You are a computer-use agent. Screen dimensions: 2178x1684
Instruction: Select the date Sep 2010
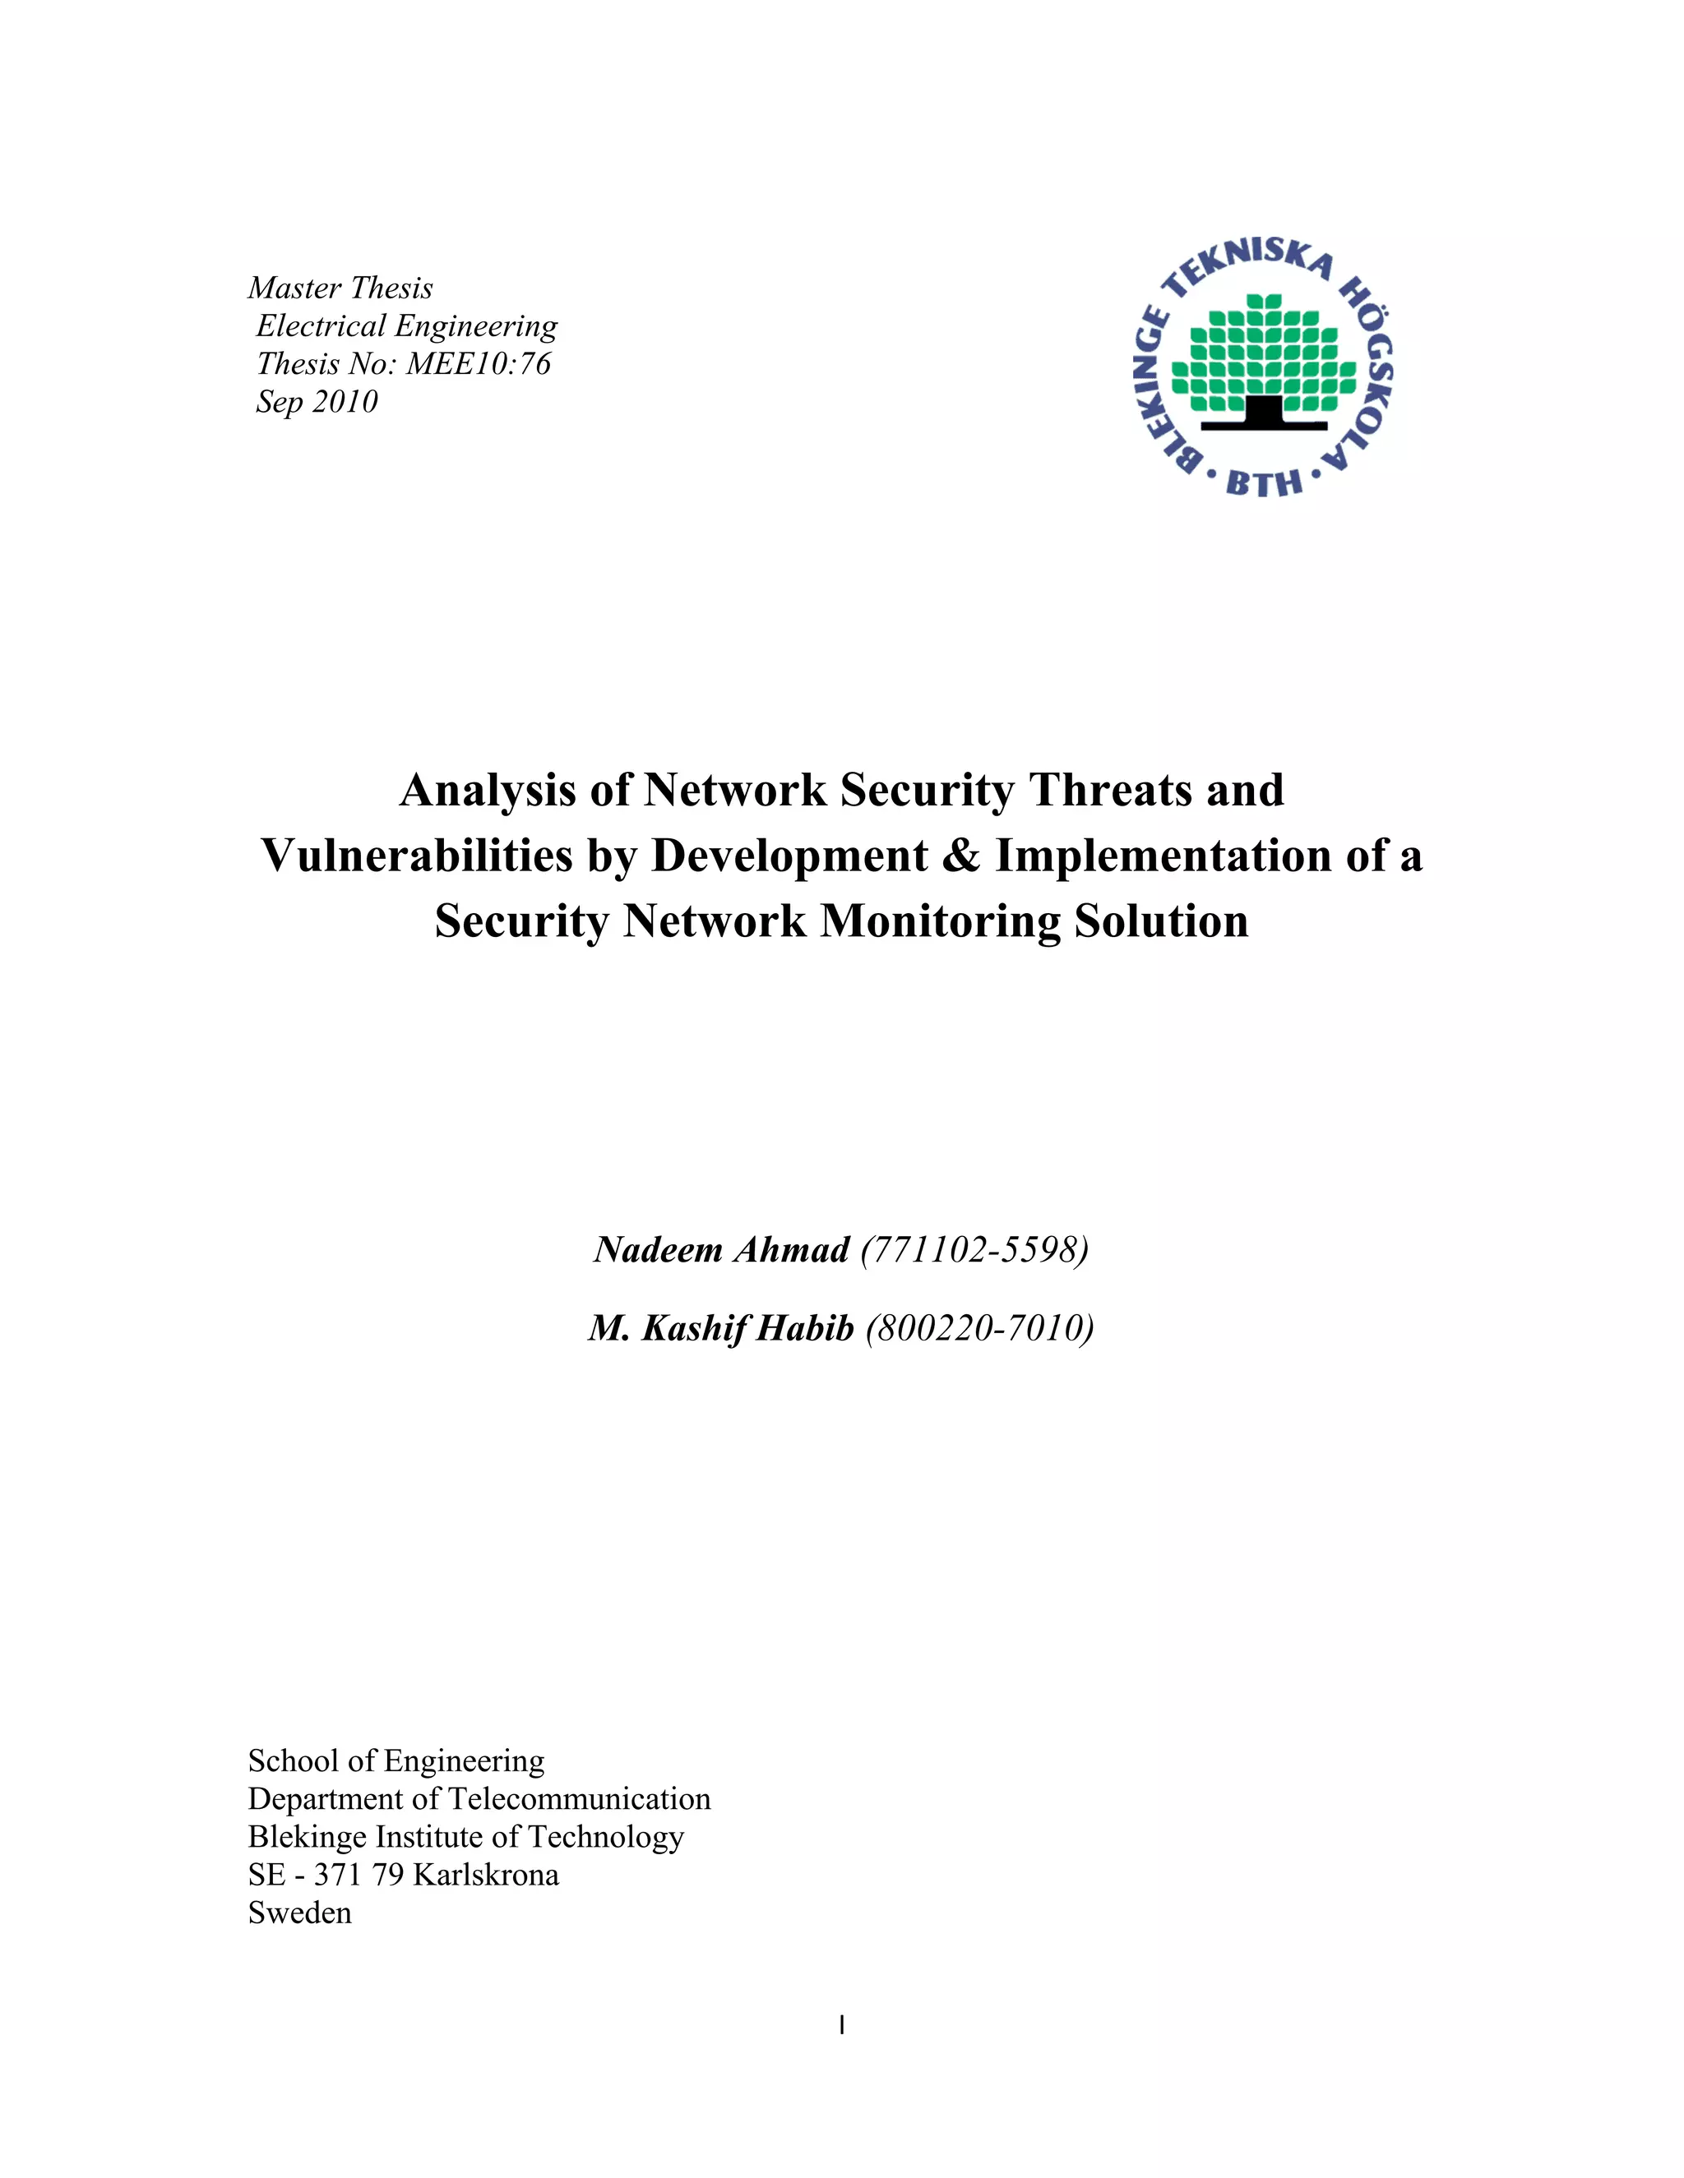[x=317, y=402]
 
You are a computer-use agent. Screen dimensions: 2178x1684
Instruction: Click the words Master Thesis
[x=340, y=288]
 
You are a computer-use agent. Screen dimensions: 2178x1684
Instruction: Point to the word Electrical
[x=320, y=326]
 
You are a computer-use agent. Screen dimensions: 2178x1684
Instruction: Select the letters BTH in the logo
[x=1264, y=483]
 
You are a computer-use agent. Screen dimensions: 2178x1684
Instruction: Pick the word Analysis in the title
[x=488, y=790]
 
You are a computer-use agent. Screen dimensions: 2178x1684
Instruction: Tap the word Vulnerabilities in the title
[x=416, y=856]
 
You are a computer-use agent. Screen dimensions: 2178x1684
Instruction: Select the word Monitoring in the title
[x=940, y=921]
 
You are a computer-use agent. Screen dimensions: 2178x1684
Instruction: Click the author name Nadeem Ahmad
[x=721, y=1249]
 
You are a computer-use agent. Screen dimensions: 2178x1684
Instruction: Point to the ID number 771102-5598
[x=974, y=1249]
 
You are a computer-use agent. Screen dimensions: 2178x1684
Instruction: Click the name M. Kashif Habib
[x=721, y=1328]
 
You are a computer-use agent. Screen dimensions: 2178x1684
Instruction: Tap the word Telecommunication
[x=580, y=1799]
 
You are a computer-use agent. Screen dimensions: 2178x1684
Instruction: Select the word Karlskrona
[x=486, y=1875]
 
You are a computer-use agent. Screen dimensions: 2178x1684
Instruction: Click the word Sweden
[x=299, y=1913]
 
